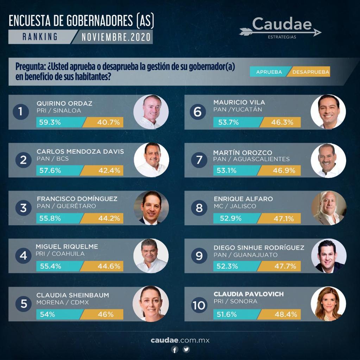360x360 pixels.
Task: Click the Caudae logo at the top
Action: point(280,28)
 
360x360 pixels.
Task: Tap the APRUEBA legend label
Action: point(269,72)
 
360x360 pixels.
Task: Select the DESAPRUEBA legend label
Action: point(310,72)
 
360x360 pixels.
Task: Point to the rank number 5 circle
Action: point(24,304)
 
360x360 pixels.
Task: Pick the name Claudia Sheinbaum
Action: point(72,295)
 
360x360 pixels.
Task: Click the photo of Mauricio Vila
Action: point(328,112)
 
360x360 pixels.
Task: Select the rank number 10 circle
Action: point(199,305)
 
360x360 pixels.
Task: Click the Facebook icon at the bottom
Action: point(175,349)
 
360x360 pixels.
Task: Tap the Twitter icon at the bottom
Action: point(186,349)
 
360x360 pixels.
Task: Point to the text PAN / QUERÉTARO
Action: point(66,206)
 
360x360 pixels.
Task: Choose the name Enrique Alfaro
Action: point(243,199)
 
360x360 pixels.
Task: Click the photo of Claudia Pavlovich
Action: point(328,304)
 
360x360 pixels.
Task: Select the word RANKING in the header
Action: point(40,37)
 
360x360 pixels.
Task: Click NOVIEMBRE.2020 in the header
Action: point(116,37)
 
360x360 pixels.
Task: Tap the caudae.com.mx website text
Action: point(180,340)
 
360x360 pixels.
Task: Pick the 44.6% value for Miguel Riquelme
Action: point(109,266)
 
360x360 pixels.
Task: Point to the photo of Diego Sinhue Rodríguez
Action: point(328,256)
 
